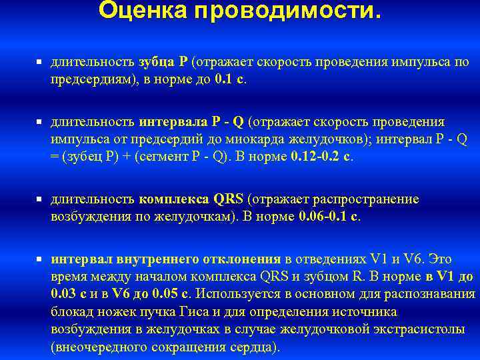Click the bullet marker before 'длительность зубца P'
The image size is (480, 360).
(x=39, y=62)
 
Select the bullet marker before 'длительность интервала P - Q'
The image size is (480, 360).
(x=39, y=123)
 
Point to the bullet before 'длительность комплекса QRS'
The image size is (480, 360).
(x=39, y=199)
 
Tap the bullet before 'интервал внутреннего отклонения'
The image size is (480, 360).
(x=39, y=259)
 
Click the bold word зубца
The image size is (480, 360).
(x=155, y=62)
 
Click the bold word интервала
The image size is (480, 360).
(x=173, y=123)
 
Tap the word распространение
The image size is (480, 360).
(x=364, y=199)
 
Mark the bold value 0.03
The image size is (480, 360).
(x=63, y=293)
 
